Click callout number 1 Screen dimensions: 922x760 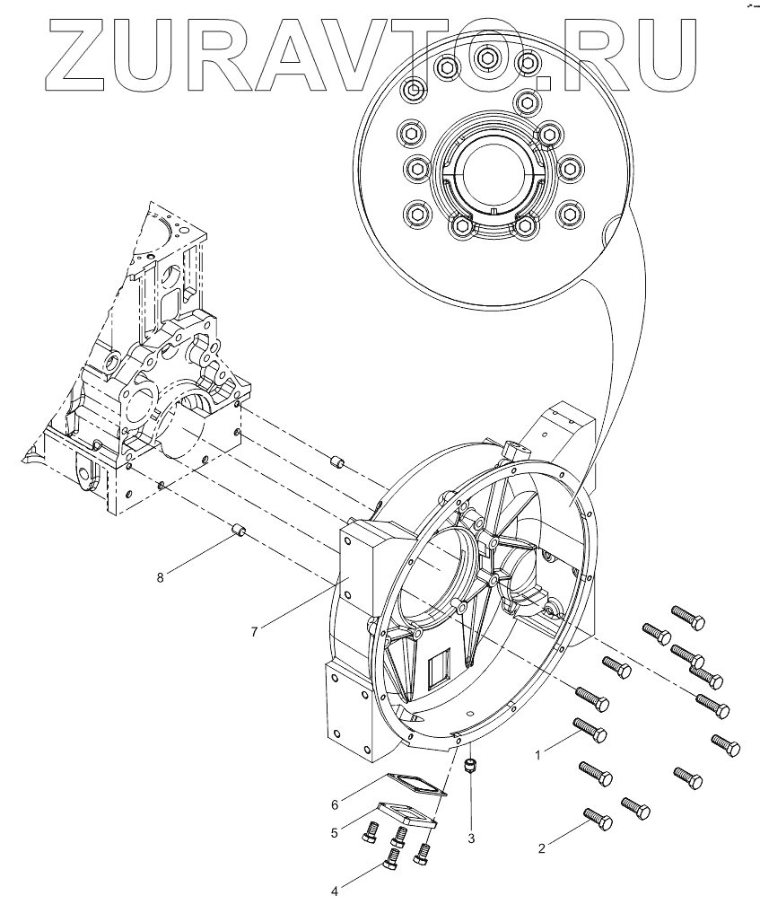pos(538,756)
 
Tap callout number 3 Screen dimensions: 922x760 pos(470,839)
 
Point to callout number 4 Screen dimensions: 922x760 pos(336,891)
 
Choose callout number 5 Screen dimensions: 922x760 pos(334,833)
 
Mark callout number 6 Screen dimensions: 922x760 pos(336,803)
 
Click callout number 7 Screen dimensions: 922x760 pos(255,631)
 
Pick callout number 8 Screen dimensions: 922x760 pos(161,578)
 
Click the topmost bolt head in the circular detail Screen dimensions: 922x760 pos(486,57)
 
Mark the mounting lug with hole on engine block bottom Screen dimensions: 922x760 pos(88,470)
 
